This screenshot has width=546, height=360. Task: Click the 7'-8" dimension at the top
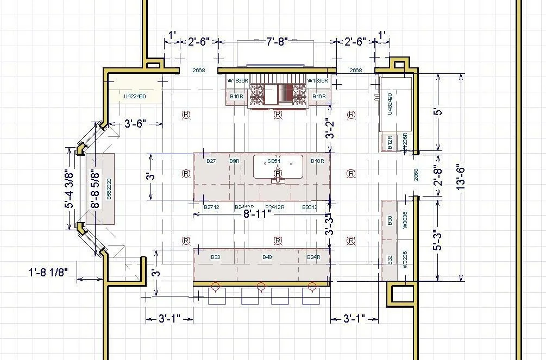point(277,42)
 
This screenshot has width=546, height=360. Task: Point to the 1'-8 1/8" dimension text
point(48,273)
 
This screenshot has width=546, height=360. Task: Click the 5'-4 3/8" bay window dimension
point(68,190)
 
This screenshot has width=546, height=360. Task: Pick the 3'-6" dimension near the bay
point(136,124)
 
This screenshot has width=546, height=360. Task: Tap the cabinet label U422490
point(135,97)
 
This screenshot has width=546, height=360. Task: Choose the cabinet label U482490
point(390,103)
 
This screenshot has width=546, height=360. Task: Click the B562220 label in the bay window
point(109,188)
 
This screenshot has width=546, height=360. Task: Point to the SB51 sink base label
point(274,161)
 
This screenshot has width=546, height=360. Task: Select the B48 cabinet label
point(267,257)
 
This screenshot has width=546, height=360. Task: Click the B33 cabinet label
point(215,257)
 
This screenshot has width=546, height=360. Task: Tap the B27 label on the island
point(211,161)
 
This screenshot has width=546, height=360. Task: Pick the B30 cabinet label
point(390,220)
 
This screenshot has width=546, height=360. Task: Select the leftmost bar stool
point(217,296)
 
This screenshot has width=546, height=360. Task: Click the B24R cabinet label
point(314,257)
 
